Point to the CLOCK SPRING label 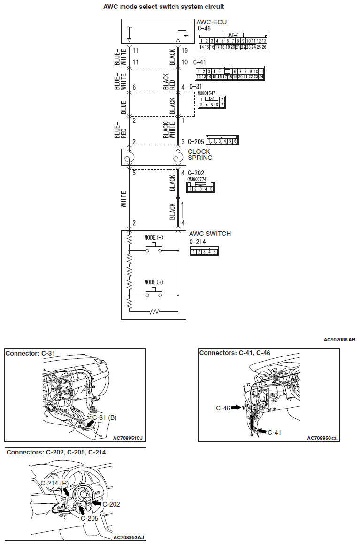coord(200,155)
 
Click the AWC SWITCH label coord(210,234)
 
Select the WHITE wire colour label coord(124,199)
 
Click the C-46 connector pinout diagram coord(232,41)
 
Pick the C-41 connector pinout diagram coord(230,73)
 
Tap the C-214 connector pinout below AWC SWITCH coord(204,251)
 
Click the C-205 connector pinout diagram coord(222,141)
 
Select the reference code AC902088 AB coord(339,340)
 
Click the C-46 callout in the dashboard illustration coord(223,408)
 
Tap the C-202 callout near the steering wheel coord(111,504)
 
